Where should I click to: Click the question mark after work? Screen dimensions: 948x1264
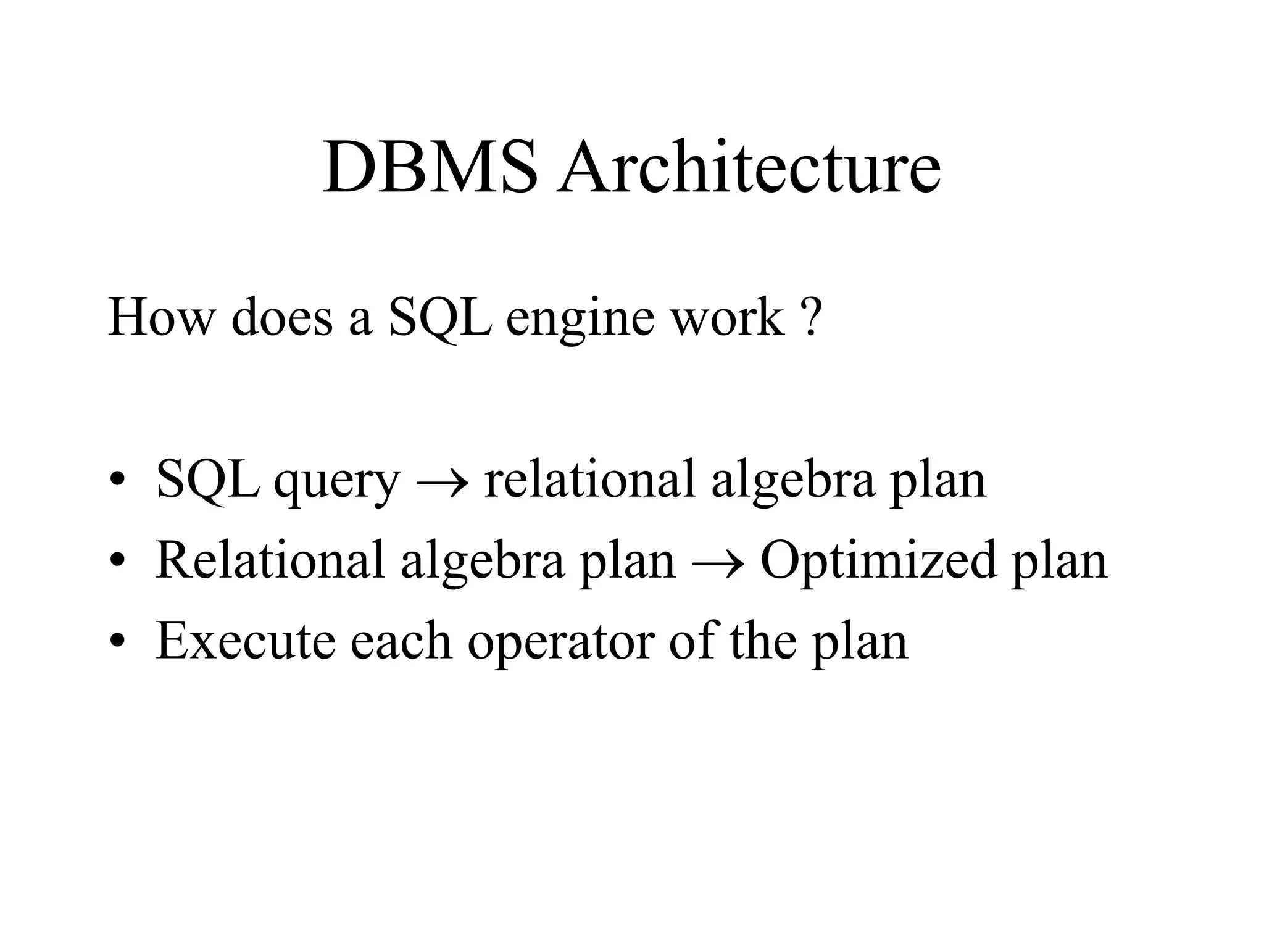(813, 317)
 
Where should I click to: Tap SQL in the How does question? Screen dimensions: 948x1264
(440, 318)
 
